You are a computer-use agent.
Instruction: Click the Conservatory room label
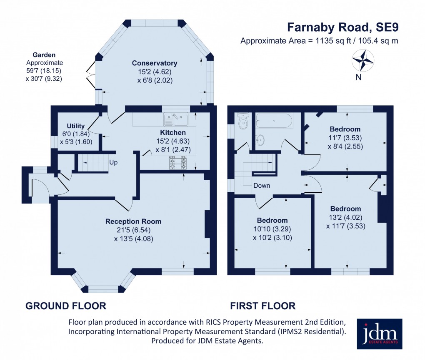click(155, 63)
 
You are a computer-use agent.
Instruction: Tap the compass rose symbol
click(363, 61)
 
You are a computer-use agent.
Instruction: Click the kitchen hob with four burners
click(177, 163)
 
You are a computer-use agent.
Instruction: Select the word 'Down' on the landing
click(262, 186)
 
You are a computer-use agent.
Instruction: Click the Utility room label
click(76, 126)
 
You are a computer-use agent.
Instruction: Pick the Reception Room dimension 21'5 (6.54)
click(133, 230)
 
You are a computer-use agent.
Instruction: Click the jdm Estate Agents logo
click(380, 334)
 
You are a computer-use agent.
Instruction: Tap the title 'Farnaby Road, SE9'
click(343, 27)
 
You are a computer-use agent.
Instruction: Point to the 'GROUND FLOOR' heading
click(66, 306)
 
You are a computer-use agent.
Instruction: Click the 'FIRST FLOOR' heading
click(263, 306)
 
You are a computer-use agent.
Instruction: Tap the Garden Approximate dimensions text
click(44, 67)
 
